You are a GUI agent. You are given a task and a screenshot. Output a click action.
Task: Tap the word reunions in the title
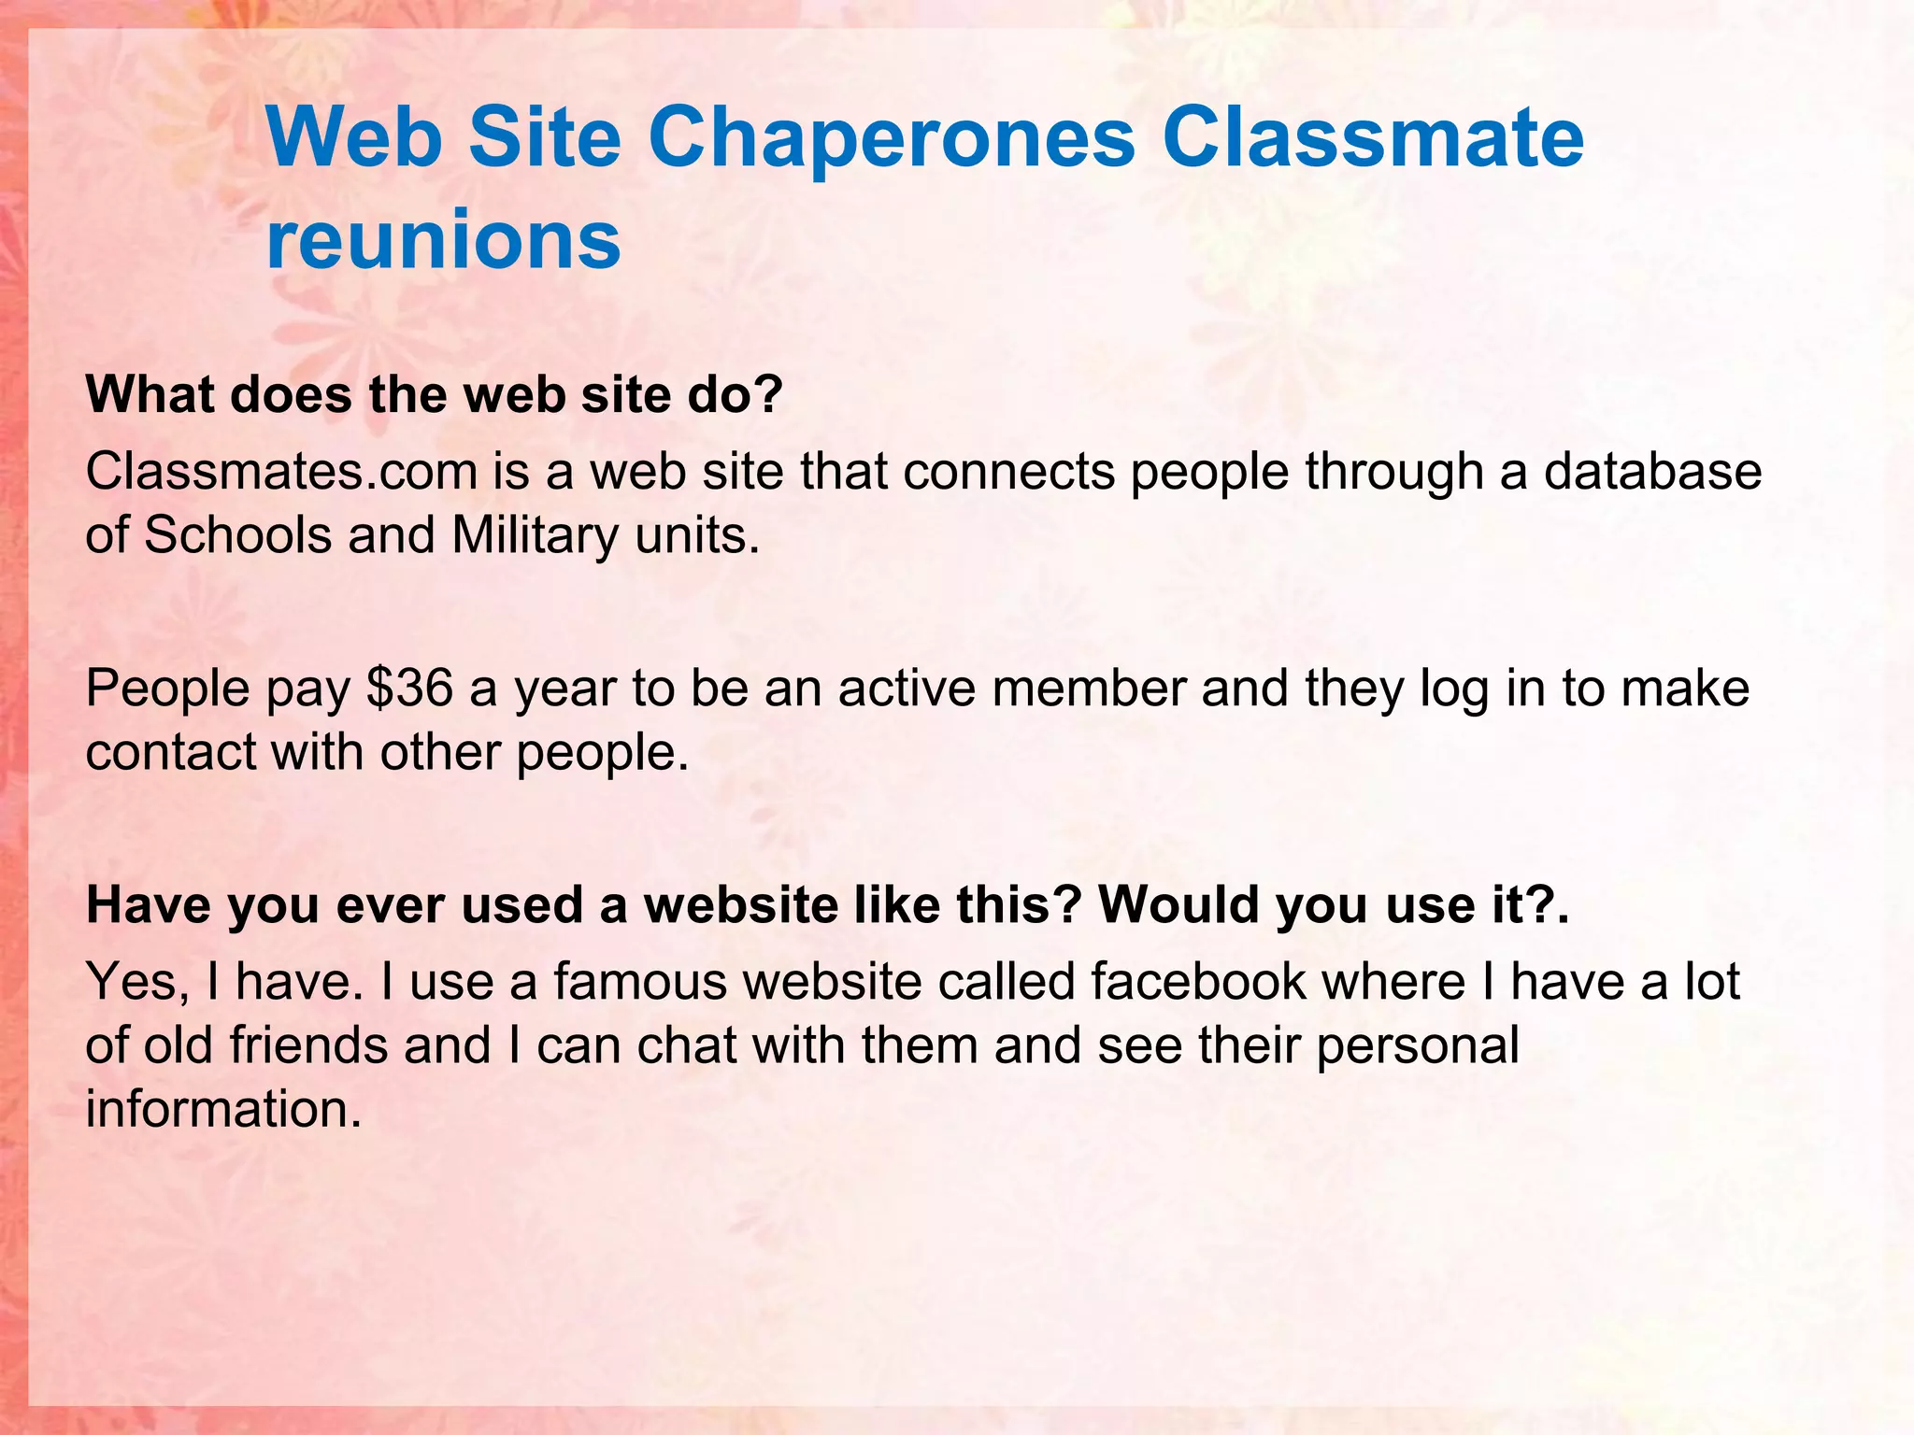click(x=443, y=240)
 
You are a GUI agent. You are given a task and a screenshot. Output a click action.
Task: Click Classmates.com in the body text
click(x=281, y=472)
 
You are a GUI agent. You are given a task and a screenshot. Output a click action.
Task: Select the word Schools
click(x=238, y=536)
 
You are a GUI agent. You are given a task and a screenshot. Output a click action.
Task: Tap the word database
click(x=1652, y=472)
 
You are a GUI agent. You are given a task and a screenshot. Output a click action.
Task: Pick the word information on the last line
click(x=223, y=1109)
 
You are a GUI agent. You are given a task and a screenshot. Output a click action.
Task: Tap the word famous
click(x=639, y=982)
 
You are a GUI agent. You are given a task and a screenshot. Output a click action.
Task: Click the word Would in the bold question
click(x=1178, y=905)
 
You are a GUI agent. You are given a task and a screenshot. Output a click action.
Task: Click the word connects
click(x=1009, y=472)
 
